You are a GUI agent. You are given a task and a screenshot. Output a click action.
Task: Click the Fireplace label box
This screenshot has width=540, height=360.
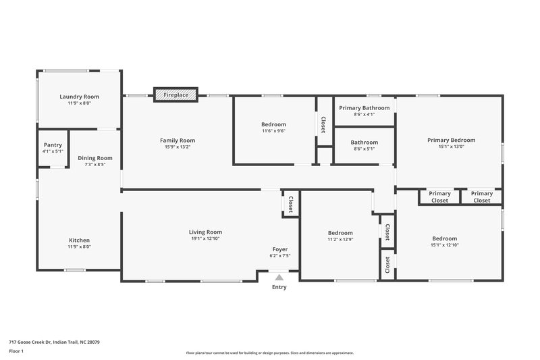[176, 95]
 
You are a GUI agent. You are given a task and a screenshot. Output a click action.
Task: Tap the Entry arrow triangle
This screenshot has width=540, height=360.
[279, 276]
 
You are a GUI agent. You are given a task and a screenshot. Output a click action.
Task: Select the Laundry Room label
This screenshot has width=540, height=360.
[79, 97]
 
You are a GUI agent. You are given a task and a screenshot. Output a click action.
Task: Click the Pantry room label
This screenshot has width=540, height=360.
[53, 145]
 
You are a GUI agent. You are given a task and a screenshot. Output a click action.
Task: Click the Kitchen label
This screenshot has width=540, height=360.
[79, 240]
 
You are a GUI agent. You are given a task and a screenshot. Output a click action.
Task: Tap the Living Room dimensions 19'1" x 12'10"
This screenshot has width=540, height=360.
[205, 238]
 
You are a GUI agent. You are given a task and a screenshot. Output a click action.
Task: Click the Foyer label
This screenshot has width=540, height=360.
[280, 249]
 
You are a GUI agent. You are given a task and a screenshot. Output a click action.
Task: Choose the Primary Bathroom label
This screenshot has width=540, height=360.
[364, 108]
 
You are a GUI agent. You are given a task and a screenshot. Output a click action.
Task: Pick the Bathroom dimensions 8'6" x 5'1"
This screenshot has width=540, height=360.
[364, 149]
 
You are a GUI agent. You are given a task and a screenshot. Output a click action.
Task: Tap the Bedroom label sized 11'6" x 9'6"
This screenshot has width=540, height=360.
[273, 124]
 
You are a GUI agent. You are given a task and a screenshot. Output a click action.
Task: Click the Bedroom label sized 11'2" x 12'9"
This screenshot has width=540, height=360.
[340, 232]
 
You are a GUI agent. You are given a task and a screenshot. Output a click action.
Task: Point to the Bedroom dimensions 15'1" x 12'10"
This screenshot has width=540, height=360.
[445, 245]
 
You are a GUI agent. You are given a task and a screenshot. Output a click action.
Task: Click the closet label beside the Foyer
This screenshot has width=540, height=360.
[291, 204]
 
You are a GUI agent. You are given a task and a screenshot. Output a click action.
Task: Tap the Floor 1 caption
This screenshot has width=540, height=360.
[16, 351]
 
